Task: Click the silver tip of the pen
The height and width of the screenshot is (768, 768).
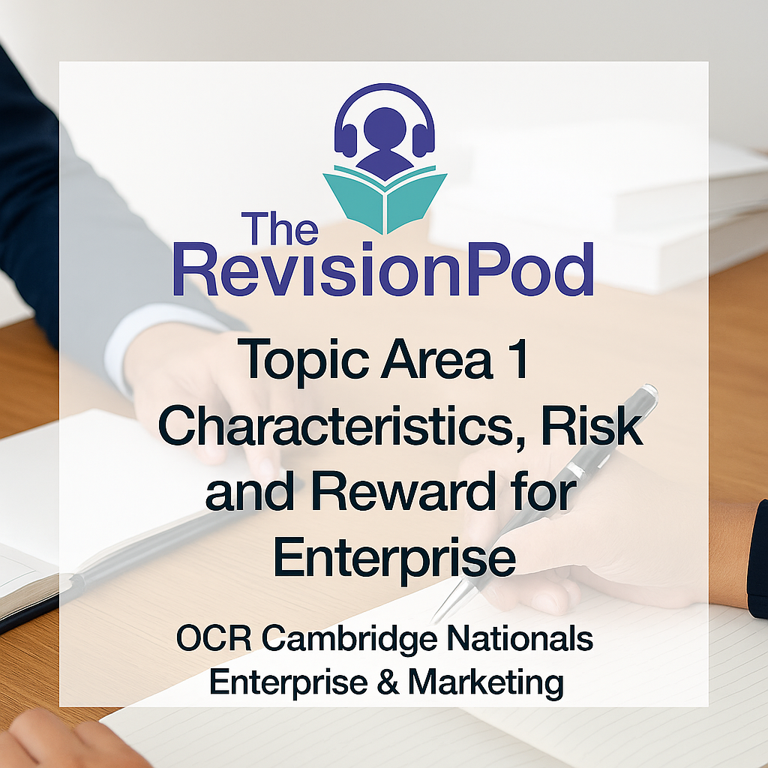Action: (x=444, y=609)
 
